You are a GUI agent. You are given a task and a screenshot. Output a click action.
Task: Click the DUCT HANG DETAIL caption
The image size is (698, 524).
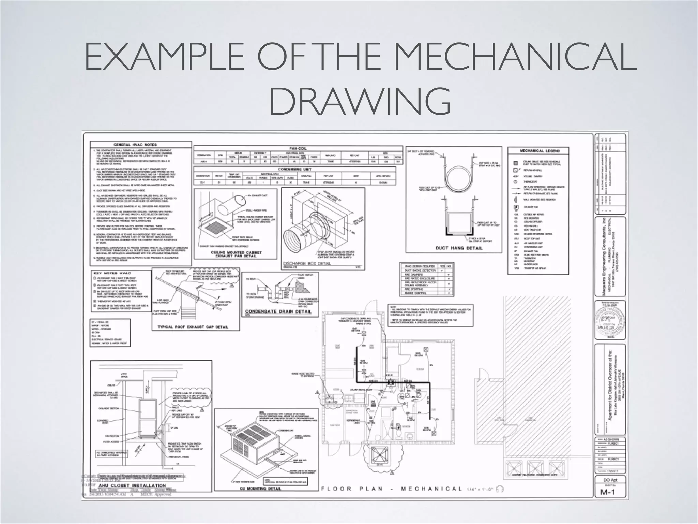(x=459, y=248)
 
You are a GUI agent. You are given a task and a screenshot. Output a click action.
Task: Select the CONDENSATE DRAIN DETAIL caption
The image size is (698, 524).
(x=278, y=311)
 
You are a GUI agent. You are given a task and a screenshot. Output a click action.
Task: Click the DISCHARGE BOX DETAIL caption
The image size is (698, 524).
(x=307, y=264)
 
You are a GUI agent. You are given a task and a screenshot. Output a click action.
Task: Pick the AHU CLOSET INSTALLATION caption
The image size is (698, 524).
(x=132, y=485)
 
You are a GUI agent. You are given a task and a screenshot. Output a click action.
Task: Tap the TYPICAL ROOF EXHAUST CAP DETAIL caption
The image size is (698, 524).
(x=193, y=327)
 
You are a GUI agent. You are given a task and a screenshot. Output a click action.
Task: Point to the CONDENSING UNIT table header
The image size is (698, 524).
(x=295, y=169)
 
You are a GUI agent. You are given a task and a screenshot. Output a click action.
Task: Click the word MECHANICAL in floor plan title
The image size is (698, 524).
(x=431, y=489)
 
